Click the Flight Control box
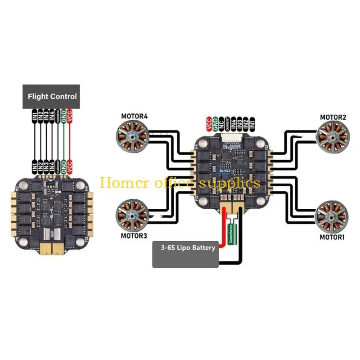pyautogui.click(x=52, y=96)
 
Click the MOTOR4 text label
pyautogui.click(x=134, y=116)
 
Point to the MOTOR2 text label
pyautogui.click(x=333, y=117)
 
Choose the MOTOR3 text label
pyautogui.click(x=134, y=235)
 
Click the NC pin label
pyautogui.click(x=221, y=123)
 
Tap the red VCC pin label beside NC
pyautogui.click(x=209, y=123)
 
